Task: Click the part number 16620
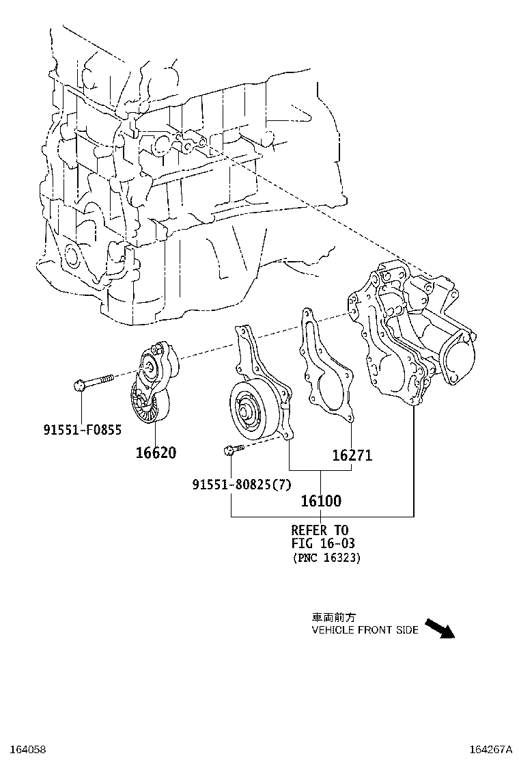coord(154,452)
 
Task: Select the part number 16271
coord(352,455)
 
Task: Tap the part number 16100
coord(321,501)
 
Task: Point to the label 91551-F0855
coord(83,430)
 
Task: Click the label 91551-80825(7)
coord(242,485)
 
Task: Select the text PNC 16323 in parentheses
coord(326,558)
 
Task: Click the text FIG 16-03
coord(323,543)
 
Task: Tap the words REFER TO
coord(320,530)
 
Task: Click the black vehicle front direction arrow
coord(438,628)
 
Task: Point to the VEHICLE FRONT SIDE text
coord(365,630)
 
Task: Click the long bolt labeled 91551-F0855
coord(96,381)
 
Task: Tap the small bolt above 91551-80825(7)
coord(230,450)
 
